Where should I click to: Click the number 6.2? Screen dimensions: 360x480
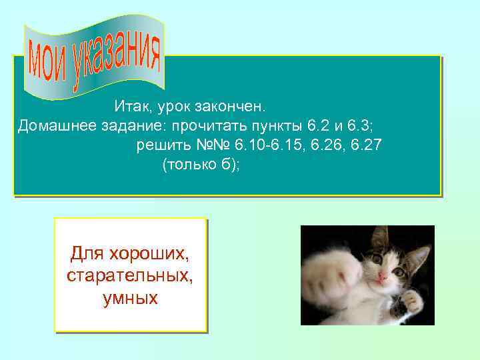(x=317, y=125)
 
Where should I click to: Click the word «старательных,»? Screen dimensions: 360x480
(x=130, y=276)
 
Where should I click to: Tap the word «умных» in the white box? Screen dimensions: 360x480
(x=130, y=298)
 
